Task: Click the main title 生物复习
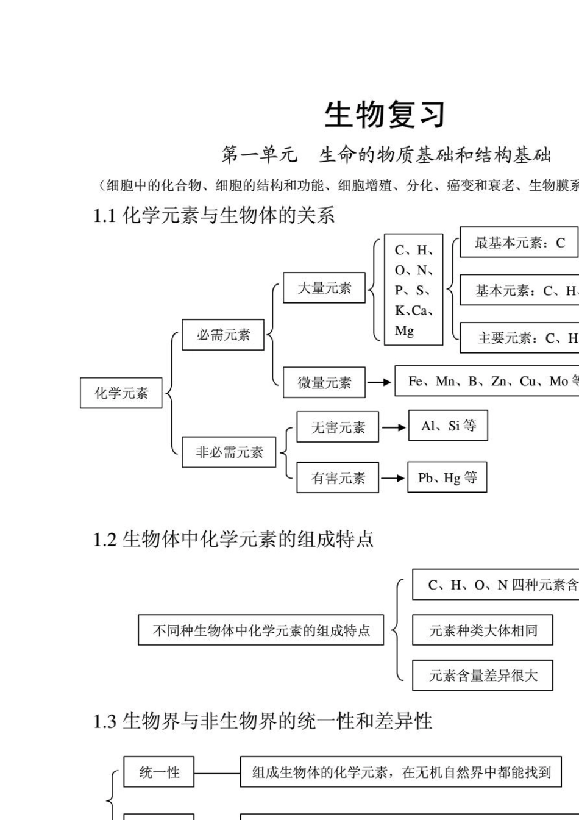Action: [x=385, y=115]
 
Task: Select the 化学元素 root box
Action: [x=121, y=393]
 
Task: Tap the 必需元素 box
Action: [x=223, y=335]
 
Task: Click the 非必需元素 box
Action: [x=229, y=452]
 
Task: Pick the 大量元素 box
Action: [x=324, y=288]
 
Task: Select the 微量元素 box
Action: [x=324, y=383]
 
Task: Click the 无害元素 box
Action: [x=338, y=427]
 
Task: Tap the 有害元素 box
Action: [x=338, y=478]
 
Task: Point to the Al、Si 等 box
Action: [x=448, y=426]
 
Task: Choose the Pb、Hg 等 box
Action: [x=447, y=478]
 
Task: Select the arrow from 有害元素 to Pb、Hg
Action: [x=394, y=478]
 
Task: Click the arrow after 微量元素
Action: [x=380, y=383]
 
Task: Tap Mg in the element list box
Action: [x=404, y=331]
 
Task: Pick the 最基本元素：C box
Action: [x=519, y=243]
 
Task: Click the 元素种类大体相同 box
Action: [x=483, y=630]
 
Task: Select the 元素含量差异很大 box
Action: [x=483, y=676]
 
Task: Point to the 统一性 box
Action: [x=159, y=772]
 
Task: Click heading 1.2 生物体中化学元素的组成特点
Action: [x=233, y=540]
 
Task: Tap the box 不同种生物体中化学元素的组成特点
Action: [x=261, y=630]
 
